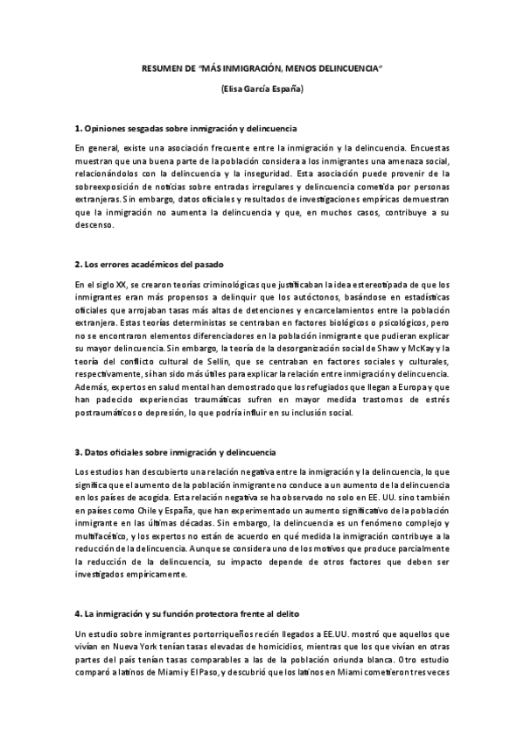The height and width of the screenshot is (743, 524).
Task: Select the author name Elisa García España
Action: [x=262, y=89]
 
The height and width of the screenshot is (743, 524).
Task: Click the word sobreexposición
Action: [x=110, y=186]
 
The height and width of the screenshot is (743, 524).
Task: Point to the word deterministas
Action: [x=160, y=322]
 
